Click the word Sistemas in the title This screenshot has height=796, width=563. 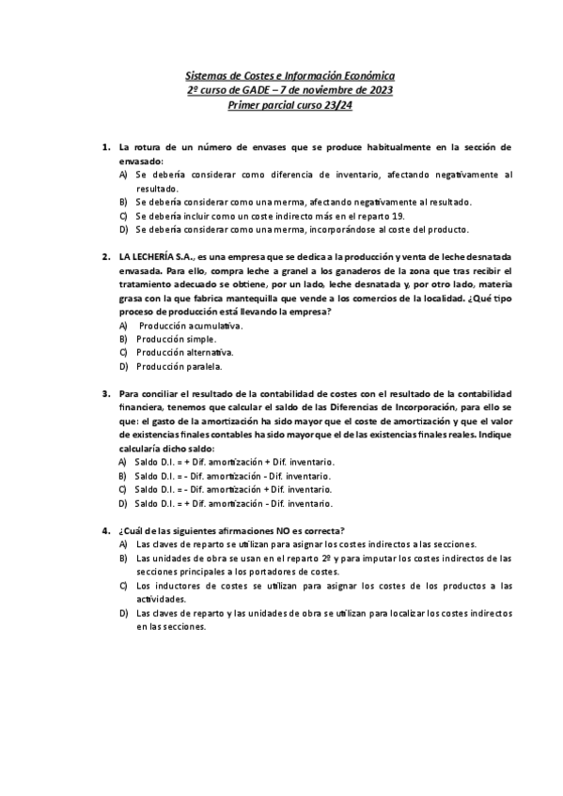point(202,74)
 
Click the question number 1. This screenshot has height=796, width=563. point(105,147)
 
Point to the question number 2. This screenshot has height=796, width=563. point(105,256)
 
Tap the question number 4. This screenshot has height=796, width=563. point(105,530)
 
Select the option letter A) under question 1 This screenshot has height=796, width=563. point(123,175)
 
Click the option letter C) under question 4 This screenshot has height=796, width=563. point(123,586)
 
